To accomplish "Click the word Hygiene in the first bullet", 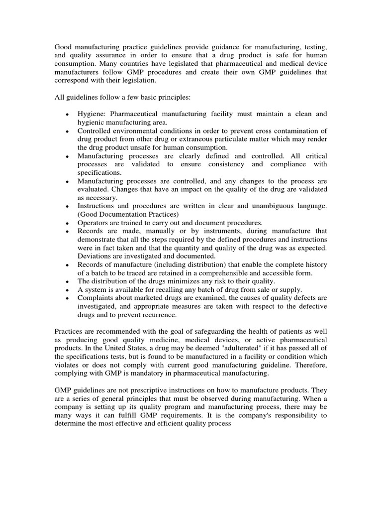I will pyautogui.click(x=90, y=114).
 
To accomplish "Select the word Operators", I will pyautogui.click(x=93, y=223).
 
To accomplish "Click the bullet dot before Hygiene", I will pyautogui.click(x=67, y=115).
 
